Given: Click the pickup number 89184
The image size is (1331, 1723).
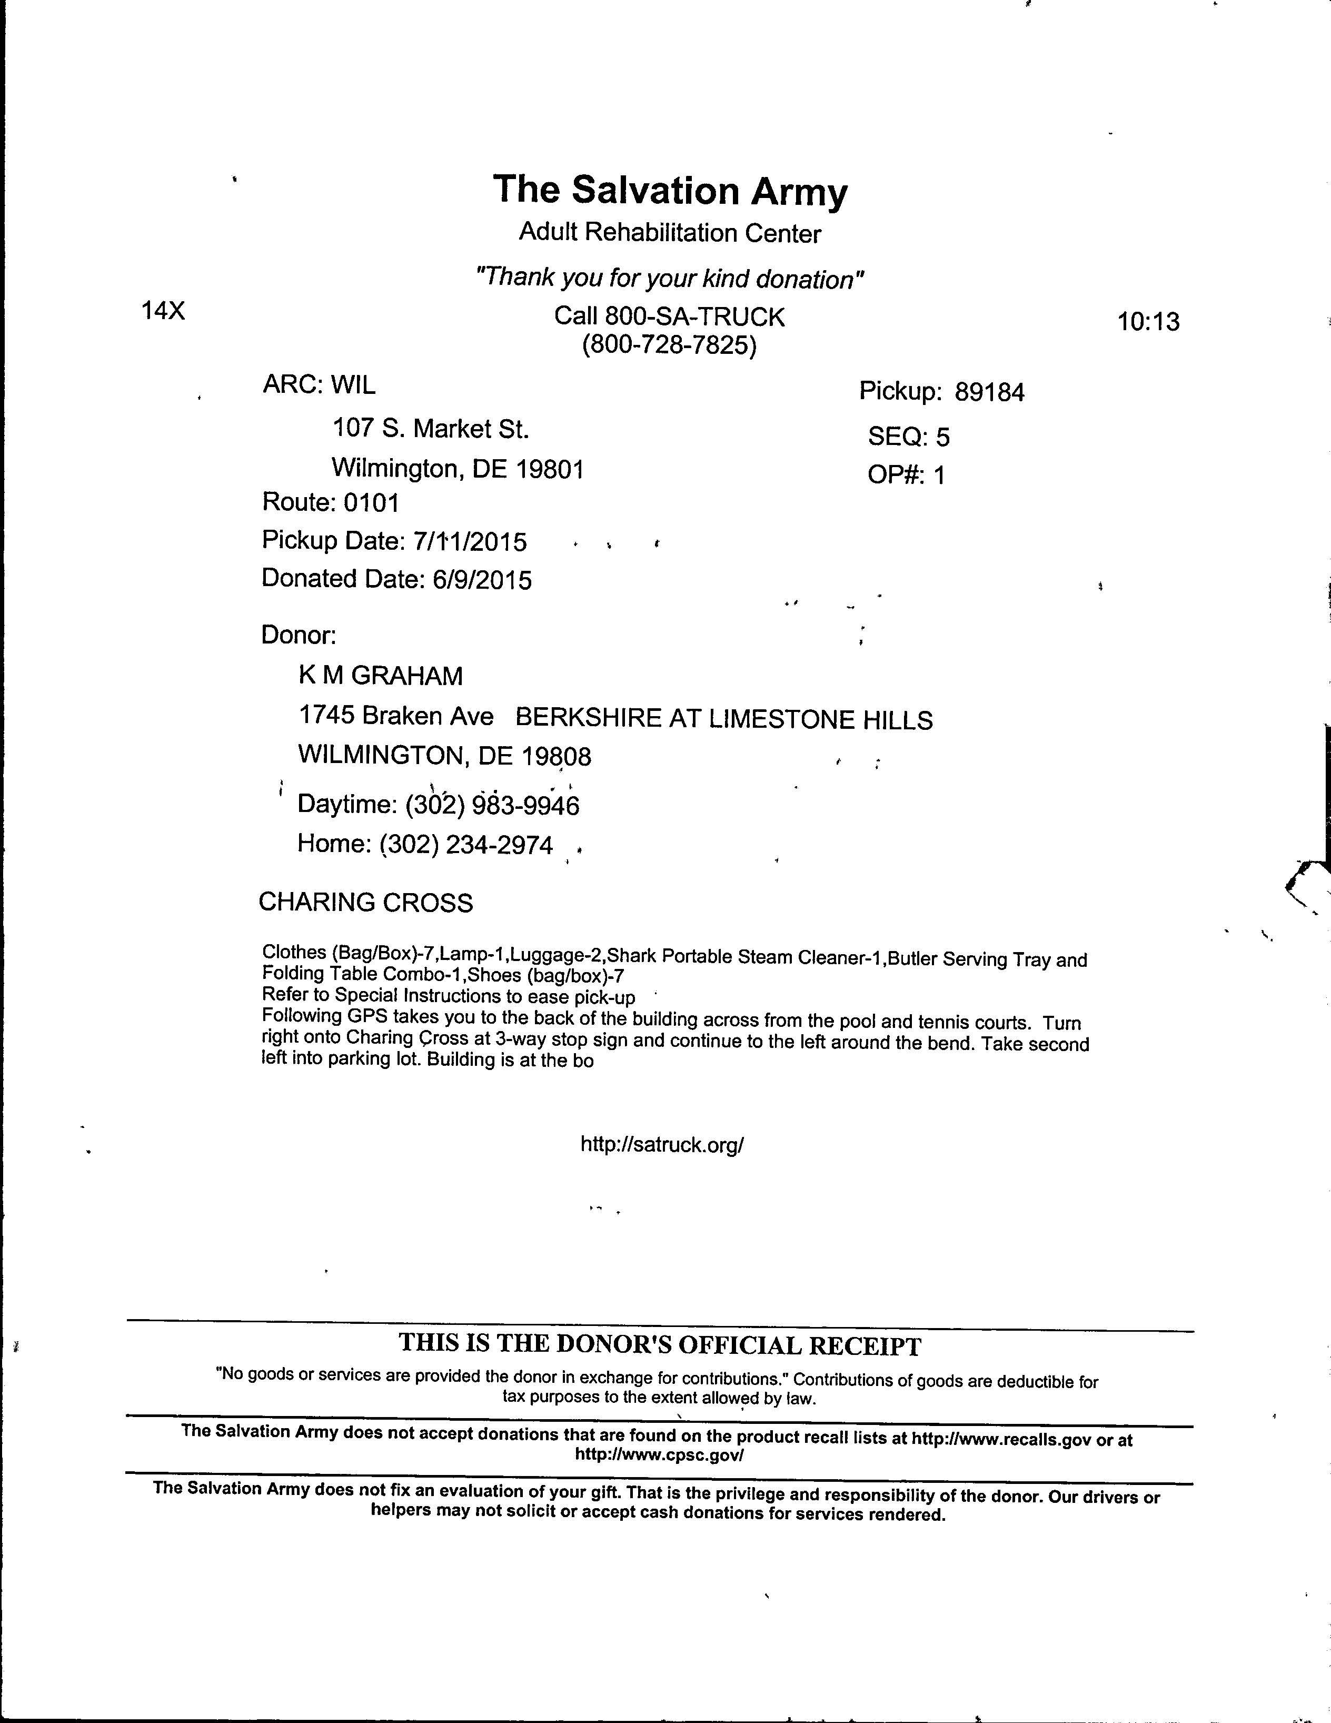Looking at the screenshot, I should point(989,392).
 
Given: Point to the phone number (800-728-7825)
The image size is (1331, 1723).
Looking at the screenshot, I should point(669,345).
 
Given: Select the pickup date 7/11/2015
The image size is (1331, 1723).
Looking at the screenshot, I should point(470,541).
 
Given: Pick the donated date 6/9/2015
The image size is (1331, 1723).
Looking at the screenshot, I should point(482,580).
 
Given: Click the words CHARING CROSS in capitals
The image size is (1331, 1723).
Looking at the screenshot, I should point(365,902).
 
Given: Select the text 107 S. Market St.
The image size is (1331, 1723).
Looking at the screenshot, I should point(430,429).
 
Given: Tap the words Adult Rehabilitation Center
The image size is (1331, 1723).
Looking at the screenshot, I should point(670,233).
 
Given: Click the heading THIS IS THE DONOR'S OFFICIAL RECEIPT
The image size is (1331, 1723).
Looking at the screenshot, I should point(660,1344).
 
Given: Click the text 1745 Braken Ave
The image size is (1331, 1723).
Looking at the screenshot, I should point(396,716).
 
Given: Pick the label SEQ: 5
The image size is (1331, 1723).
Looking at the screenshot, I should point(908,435).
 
